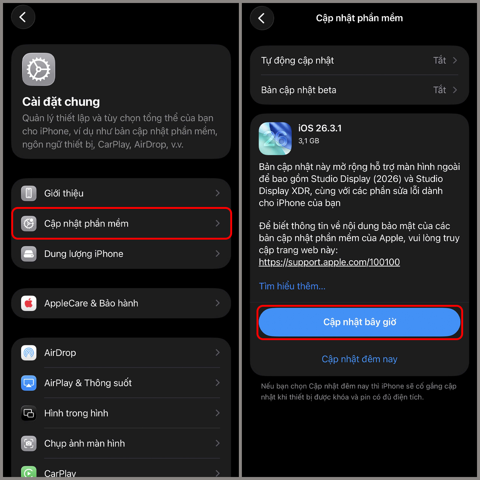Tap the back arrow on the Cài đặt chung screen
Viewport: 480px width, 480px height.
pos(23,17)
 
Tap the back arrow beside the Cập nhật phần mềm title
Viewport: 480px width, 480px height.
pos(262,18)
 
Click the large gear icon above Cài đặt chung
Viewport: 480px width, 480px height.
pos(39,69)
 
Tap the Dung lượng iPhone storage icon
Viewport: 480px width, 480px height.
pos(29,254)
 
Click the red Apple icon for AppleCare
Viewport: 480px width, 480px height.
pos(29,303)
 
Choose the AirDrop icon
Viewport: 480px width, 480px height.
pos(29,353)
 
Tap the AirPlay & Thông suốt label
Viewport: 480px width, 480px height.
pos(88,383)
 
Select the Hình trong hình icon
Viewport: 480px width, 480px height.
pos(29,413)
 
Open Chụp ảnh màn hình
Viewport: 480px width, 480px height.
pos(84,443)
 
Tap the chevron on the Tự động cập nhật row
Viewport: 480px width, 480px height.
pos(455,60)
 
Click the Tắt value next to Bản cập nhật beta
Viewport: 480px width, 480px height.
pos(439,90)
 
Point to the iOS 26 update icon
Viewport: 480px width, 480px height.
pos(275,138)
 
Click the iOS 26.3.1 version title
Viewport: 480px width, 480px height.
pos(320,128)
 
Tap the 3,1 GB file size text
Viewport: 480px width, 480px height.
pos(309,141)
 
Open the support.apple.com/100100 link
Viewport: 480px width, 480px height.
pos(329,262)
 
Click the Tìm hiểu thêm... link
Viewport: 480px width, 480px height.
pos(292,286)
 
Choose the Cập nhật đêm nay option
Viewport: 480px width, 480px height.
pos(359,359)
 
